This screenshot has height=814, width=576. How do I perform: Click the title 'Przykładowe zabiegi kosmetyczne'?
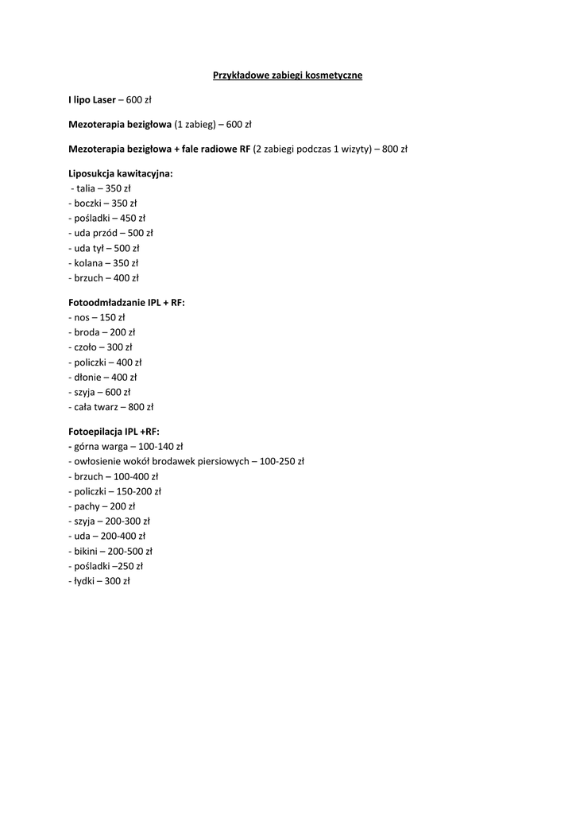[x=288, y=76]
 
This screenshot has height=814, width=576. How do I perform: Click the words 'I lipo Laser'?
[x=92, y=100]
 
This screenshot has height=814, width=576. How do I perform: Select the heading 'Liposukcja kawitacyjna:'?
[x=120, y=173]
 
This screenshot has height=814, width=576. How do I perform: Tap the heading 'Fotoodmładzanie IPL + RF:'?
[x=126, y=303]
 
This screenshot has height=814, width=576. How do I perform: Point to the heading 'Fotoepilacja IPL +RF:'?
[x=114, y=432]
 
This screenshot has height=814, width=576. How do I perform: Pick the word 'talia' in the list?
[x=85, y=188]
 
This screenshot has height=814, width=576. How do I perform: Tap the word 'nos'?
[x=81, y=317]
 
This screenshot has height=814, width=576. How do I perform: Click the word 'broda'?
[x=87, y=332]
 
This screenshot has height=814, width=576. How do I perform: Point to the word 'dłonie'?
[x=88, y=377]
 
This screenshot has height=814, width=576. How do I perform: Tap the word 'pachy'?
[x=87, y=506]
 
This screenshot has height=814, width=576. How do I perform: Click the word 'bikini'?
[x=87, y=551]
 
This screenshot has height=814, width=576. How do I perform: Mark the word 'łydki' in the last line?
[x=85, y=581]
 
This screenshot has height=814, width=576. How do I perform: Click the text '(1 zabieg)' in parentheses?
[x=195, y=124]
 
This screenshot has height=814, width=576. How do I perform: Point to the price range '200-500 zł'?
[x=130, y=551]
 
